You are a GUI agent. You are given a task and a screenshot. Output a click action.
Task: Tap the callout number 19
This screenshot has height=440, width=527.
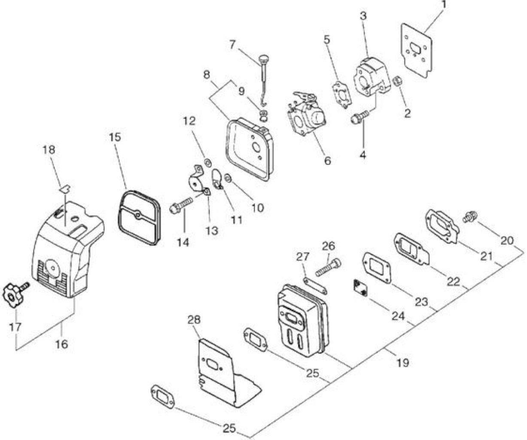point(402,363)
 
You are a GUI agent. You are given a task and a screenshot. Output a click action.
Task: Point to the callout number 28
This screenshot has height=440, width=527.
point(194,320)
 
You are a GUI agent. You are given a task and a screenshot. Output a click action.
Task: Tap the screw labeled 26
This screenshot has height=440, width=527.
point(328,268)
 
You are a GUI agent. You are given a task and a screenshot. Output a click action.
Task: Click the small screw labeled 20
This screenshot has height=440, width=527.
point(470,217)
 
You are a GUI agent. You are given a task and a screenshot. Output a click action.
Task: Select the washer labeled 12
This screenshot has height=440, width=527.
point(208,162)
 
